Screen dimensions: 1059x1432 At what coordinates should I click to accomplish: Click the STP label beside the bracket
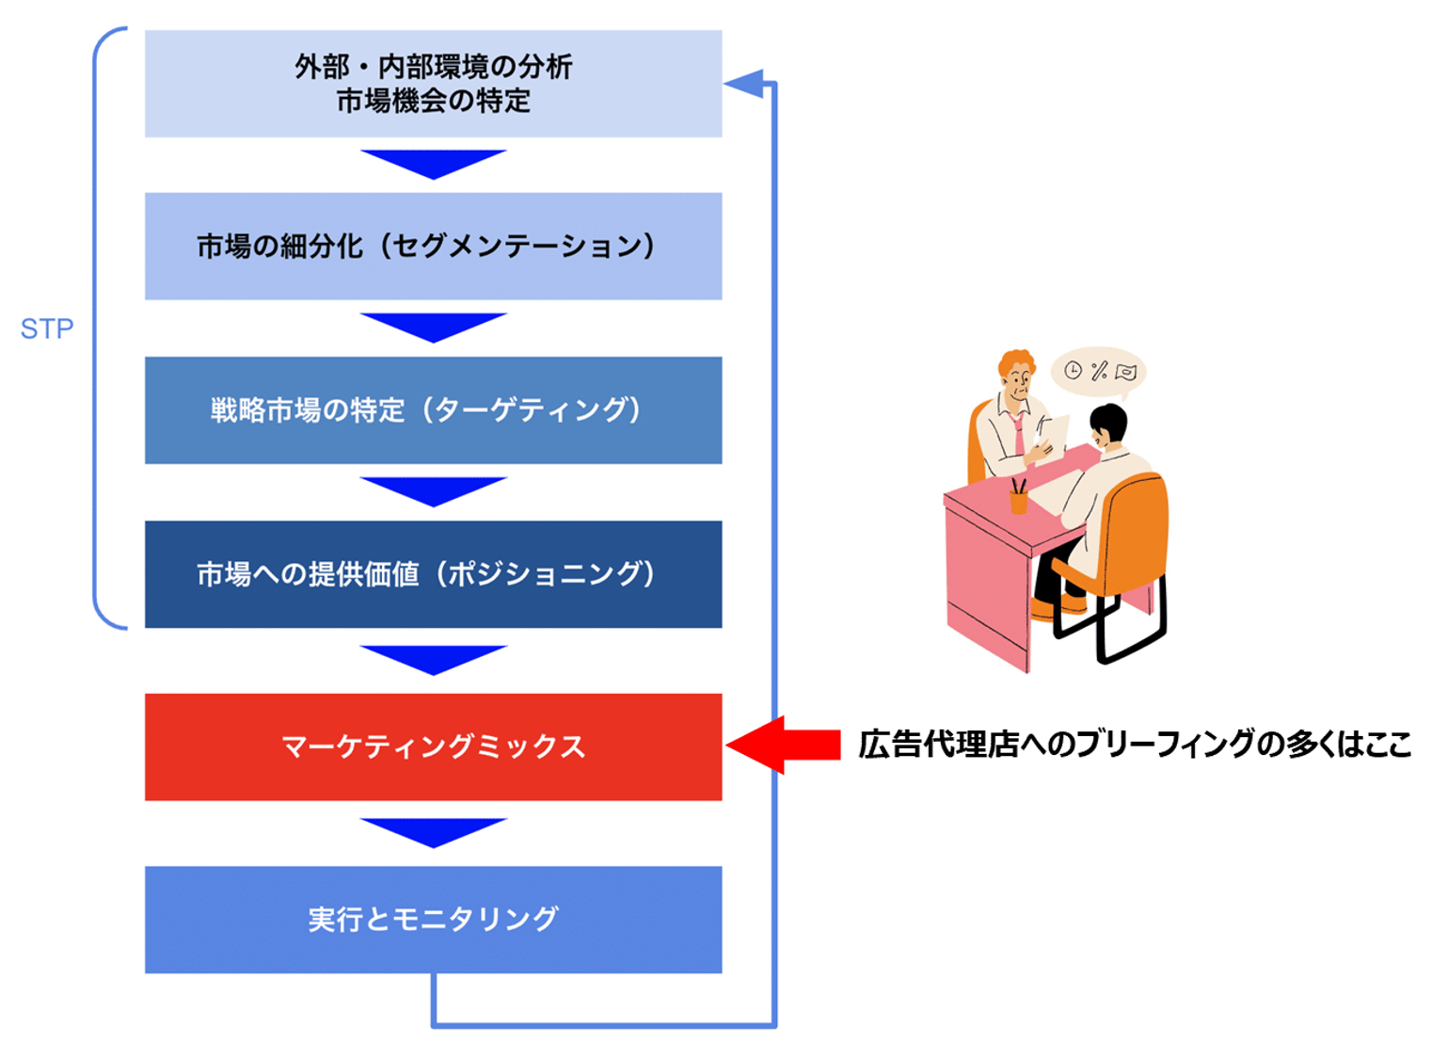point(47,329)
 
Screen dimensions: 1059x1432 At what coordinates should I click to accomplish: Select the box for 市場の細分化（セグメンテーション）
point(433,247)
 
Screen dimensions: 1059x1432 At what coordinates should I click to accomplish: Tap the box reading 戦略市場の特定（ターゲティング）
point(433,410)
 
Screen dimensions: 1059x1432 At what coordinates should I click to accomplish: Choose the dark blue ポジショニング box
point(433,574)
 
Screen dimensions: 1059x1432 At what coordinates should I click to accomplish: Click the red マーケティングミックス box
point(433,747)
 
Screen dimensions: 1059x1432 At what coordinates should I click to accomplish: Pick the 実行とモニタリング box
point(433,920)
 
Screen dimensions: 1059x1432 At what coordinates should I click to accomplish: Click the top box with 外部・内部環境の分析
point(433,84)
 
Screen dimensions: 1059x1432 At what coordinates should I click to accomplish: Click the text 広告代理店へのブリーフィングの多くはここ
point(1134,745)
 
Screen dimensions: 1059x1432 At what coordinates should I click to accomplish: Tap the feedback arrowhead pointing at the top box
point(745,84)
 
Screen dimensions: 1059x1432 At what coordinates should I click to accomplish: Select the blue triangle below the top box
point(433,162)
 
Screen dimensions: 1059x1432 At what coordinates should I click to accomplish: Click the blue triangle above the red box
point(433,658)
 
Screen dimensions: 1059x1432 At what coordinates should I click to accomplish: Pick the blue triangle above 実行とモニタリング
point(433,830)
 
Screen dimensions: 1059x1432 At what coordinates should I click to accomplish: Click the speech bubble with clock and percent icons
point(1098,371)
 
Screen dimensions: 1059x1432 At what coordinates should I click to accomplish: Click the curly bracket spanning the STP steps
point(97,329)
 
